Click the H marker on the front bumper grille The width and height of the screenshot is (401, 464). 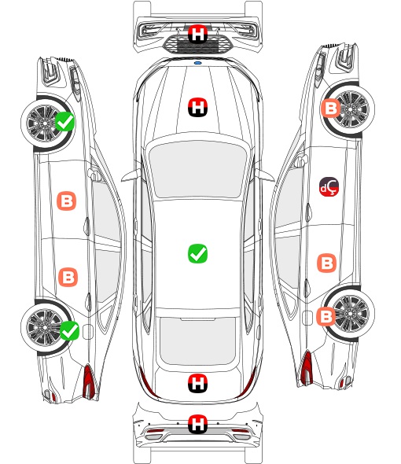click(197, 34)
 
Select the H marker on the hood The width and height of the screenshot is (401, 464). click(197, 107)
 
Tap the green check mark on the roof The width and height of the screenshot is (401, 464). click(197, 253)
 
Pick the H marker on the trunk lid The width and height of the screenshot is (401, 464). click(197, 384)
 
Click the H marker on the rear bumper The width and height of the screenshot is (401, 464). click(197, 424)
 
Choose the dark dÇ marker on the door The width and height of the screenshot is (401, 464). click(329, 186)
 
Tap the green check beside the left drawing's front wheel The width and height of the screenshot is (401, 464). click(65, 121)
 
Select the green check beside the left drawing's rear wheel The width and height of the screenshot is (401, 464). click(69, 330)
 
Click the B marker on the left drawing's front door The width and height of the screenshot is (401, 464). click(67, 201)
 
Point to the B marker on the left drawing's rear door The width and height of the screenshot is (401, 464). click(68, 277)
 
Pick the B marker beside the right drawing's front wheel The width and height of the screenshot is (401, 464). click(330, 108)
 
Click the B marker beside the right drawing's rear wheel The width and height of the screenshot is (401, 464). click(326, 316)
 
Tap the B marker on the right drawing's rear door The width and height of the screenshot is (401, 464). click(327, 263)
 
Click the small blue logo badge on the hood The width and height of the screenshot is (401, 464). click(197, 63)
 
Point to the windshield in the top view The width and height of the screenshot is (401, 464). click(197, 168)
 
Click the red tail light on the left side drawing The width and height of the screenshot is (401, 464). click(89, 381)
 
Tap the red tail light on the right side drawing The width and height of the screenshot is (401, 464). click(307, 368)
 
